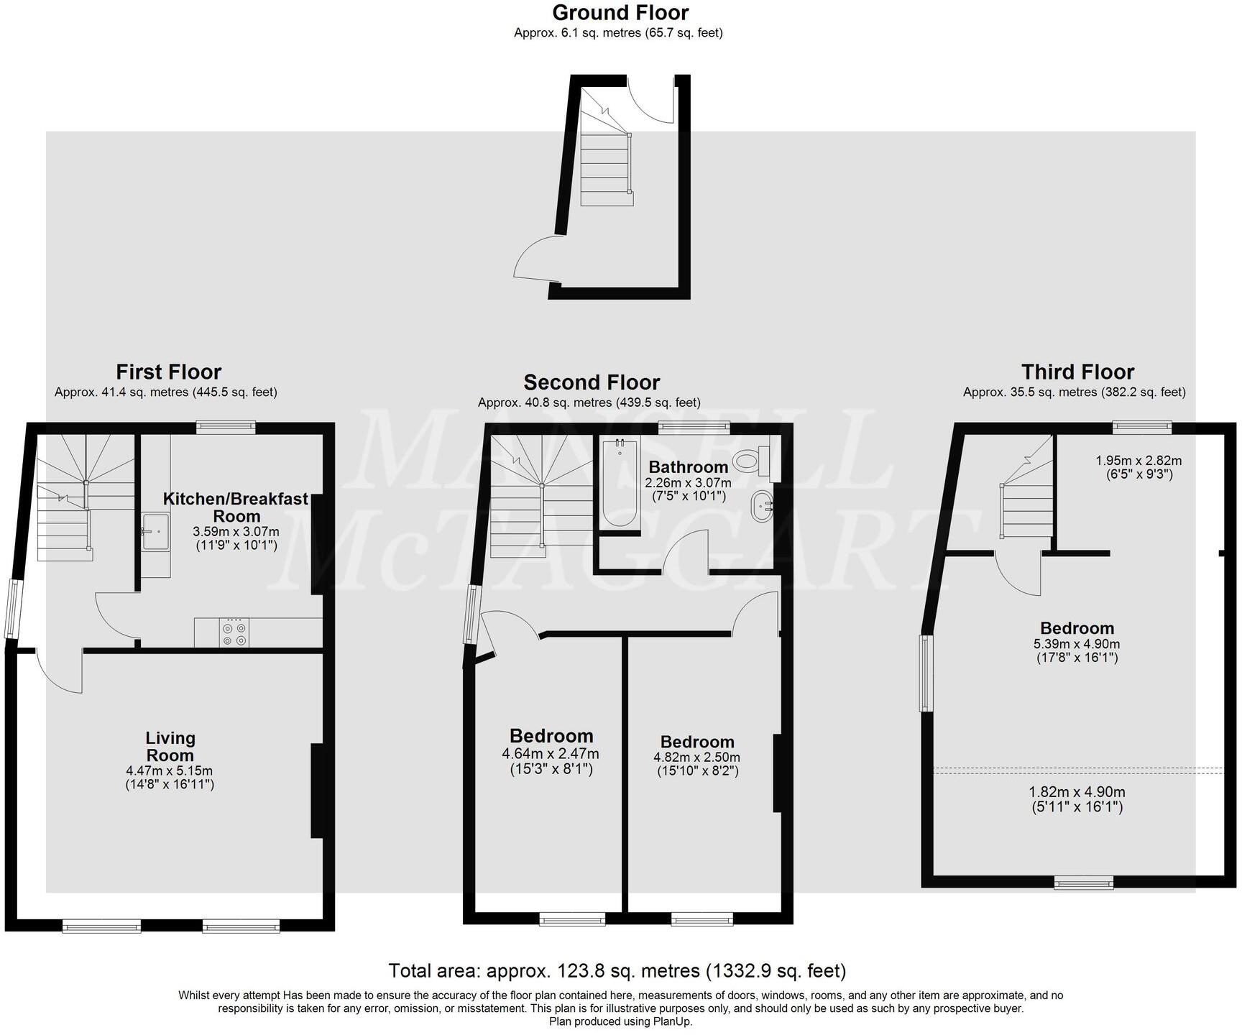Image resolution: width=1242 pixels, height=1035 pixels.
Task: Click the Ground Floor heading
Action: pyautogui.click(x=620, y=13)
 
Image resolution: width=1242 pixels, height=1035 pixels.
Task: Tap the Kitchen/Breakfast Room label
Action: pyautogui.click(x=236, y=507)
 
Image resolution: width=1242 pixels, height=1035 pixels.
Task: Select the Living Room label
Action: pyautogui.click(x=170, y=746)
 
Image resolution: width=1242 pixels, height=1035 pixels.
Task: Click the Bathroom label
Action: pyautogui.click(x=688, y=467)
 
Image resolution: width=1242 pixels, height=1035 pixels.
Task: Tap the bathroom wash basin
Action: pyautogui.click(x=760, y=507)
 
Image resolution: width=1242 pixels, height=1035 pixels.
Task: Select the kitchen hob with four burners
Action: pyautogui.click(x=234, y=632)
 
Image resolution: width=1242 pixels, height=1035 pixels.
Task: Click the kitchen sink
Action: pyautogui.click(x=155, y=532)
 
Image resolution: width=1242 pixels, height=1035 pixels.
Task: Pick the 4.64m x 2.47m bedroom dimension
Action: pyautogui.click(x=551, y=754)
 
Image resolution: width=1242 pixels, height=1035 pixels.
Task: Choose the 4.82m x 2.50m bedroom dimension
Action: pyautogui.click(x=696, y=757)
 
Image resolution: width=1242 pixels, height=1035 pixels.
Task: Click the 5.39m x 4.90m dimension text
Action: pyautogui.click(x=1077, y=644)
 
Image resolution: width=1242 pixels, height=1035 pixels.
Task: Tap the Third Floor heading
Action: pyautogui.click(x=1077, y=372)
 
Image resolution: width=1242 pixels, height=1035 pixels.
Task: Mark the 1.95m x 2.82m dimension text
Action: pyautogui.click(x=1138, y=461)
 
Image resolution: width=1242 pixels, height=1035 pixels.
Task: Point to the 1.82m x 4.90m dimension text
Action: pyautogui.click(x=1077, y=792)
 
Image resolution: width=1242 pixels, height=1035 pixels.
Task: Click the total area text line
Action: pyautogui.click(x=617, y=971)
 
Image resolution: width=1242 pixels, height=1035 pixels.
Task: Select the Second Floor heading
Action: pyautogui.click(x=592, y=382)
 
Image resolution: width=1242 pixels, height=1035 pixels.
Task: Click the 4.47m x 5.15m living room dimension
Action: pyautogui.click(x=170, y=770)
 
